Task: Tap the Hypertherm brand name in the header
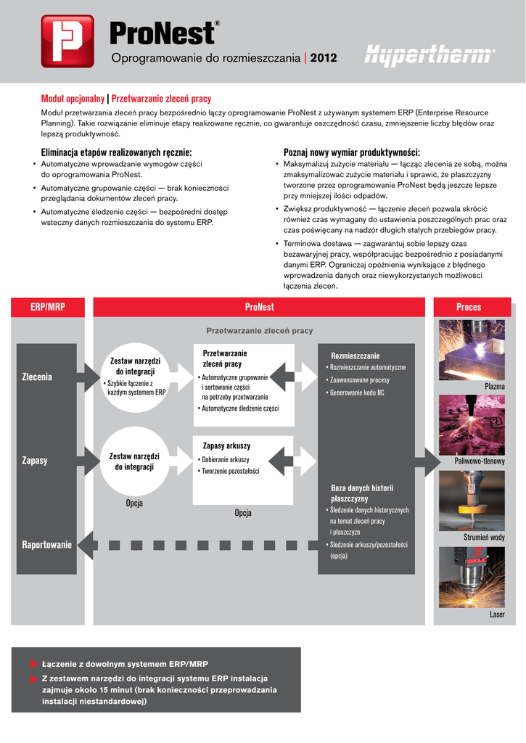pyautogui.click(x=430, y=57)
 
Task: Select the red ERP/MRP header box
pyautogui.click(x=48, y=307)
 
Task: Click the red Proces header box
pyautogui.click(x=469, y=307)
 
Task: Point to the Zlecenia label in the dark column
pyautogui.click(x=37, y=377)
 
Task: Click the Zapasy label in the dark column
pyautogui.click(x=35, y=461)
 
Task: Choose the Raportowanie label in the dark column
pyautogui.click(x=47, y=544)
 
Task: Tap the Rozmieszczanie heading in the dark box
pyautogui.click(x=356, y=356)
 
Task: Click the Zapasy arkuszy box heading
pyautogui.click(x=226, y=446)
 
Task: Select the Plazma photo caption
pyautogui.click(x=494, y=387)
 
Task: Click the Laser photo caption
pyautogui.click(x=497, y=615)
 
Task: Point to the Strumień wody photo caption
pyautogui.click(x=484, y=537)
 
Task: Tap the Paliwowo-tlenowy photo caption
pyautogui.click(x=480, y=461)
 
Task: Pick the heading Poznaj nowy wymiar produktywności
pyautogui.click(x=351, y=152)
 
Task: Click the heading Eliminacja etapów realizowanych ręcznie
pyautogui.click(x=117, y=152)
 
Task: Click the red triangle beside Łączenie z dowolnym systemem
pyautogui.click(x=33, y=664)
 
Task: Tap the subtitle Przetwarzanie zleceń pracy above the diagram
pyautogui.click(x=259, y=330)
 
